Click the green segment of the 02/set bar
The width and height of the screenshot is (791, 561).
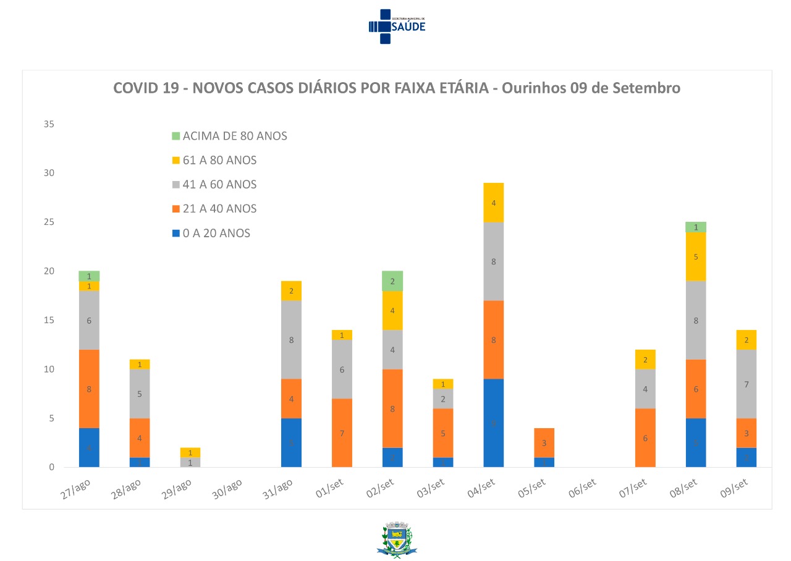coord(392,281)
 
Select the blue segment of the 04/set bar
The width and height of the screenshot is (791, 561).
coord(494,423)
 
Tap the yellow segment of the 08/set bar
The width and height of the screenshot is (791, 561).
coord(696,256)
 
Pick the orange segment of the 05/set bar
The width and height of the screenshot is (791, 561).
coord(544,443)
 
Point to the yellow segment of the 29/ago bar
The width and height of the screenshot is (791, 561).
coord(190,453)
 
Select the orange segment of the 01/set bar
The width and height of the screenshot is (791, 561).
coord(342,433)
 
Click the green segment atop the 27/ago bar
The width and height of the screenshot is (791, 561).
coord(89,276)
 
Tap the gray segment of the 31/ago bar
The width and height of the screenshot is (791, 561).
coord(291,340)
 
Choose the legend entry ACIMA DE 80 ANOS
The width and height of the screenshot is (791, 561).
coord(235,136)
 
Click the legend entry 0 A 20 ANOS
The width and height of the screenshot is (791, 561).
coord(216,234)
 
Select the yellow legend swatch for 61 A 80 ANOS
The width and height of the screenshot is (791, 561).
coord(176,161)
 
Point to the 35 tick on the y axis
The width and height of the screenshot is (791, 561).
coord(49,124)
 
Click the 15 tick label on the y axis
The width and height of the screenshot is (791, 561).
coord(49,320)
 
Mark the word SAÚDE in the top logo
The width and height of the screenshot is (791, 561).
coord(408,27)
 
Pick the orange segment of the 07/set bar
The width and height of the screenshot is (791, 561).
coord(645,438)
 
